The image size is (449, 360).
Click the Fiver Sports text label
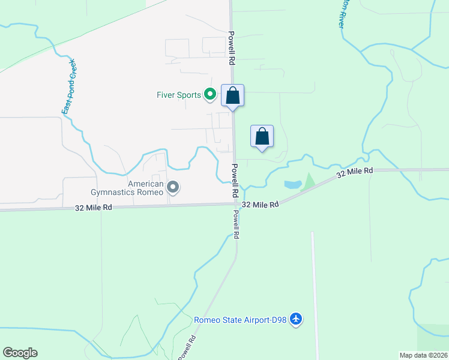tap(178, 95)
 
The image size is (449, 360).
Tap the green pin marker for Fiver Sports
tap(210, 94)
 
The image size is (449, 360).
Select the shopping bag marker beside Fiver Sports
tap(233, 96)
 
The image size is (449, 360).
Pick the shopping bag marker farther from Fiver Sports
tap(262, 136)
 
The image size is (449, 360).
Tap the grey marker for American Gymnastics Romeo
tap(173, 188)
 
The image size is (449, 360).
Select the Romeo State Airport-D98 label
tap(240, 320)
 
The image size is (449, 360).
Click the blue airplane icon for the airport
tap(295, 319)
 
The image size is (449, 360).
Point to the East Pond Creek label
tap(69, 87)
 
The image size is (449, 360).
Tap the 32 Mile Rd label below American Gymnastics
tap(94, 208)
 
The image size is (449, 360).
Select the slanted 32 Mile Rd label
tap(355, 173)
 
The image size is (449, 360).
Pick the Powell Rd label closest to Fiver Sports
tap(231, 48)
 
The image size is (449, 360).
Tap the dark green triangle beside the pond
tap(309, 181)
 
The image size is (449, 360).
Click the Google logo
tap(20, 353)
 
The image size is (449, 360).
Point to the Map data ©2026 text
tap(423, 355)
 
